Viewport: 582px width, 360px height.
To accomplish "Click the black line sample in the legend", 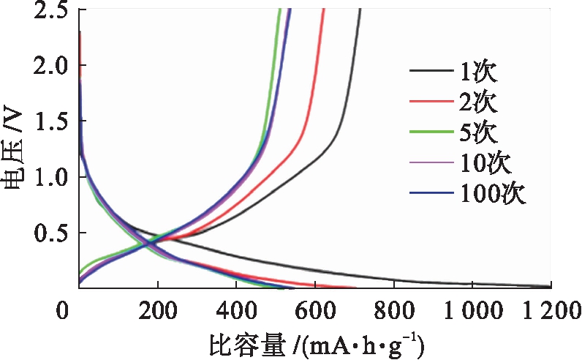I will click(x=432, y=72).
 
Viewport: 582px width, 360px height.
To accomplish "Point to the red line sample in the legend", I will click(x=432, y=102).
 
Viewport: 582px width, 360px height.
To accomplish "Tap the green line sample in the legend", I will click(x=432, y=132).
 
